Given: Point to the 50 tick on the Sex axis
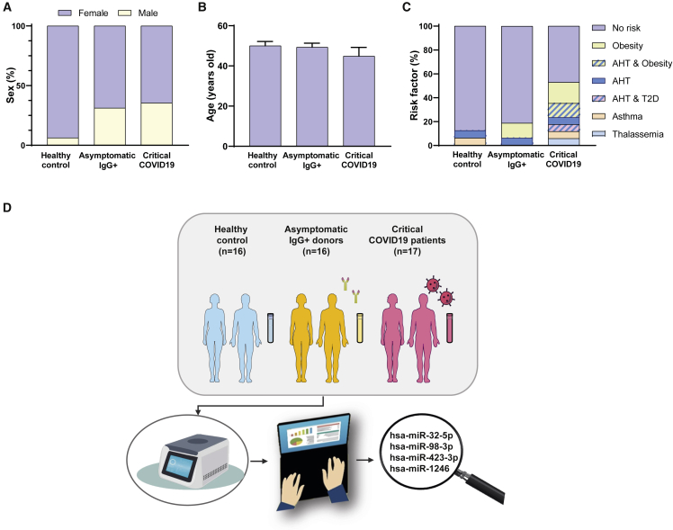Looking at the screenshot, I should (x=32, y=85).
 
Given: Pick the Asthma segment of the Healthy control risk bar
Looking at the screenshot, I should (x=471, y=141).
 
